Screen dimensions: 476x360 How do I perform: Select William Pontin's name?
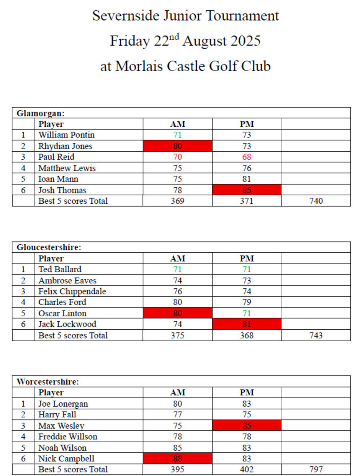point(66,135)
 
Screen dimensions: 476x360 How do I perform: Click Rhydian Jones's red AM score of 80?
point(177,146)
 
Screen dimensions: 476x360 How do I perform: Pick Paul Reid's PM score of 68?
point(247,157)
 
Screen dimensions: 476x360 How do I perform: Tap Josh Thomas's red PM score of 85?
point(247,190)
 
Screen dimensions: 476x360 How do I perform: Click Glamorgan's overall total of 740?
point(316,201)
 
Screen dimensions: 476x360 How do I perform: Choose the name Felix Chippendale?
point(72,291)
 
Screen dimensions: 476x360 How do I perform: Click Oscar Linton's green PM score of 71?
point(247,313)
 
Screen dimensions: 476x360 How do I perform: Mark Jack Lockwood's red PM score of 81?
point(247,324)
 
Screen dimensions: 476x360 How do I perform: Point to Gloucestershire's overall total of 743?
point(316,335)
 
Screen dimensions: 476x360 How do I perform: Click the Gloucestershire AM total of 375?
point(177,335)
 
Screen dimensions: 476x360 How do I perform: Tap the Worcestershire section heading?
point(47,382)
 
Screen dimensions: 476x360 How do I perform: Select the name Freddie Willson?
point(68,437)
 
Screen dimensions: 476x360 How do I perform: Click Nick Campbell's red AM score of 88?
point(177,458)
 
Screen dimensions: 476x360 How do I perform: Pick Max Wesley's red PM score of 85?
point(247,425)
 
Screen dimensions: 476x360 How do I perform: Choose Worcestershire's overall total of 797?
point(316,469)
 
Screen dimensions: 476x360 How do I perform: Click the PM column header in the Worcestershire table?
point(247,393)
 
